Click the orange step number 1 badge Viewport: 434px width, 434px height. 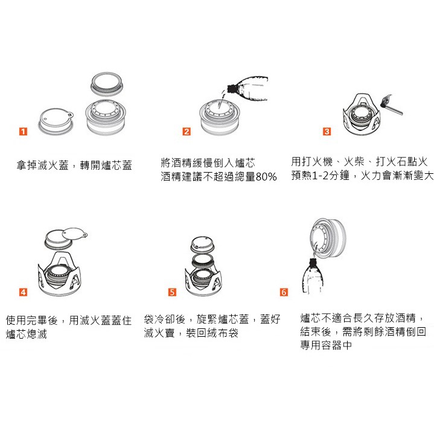pos(24,132)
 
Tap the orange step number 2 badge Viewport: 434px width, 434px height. pos(187,132)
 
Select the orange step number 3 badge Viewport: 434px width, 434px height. pos(327,132)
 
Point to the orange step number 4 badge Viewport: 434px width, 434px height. pos(24,292)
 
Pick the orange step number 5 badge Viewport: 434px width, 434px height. pos(172,292)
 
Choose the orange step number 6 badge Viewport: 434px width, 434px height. pos(284,292)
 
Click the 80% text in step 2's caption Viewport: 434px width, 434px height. pos(266,177)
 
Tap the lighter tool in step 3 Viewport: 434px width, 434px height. pos(391,104)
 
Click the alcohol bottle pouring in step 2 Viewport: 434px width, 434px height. pos(247,89)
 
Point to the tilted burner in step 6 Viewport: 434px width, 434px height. pos(328,238)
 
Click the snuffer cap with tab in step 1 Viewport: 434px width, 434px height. pos(56,121)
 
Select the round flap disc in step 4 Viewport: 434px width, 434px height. pos(74,234)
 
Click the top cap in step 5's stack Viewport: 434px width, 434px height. pos(203,244)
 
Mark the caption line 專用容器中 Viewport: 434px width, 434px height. pos(326,345)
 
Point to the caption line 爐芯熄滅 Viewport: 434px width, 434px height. pos(27,334)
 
